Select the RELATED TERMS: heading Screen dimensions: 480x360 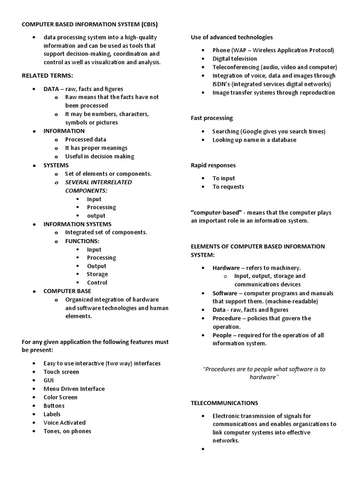point(48,75)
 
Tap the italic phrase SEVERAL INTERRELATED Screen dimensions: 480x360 point(98,182)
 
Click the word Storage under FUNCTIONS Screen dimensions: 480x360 point(97,274)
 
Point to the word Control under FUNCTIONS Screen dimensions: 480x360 point(97,283)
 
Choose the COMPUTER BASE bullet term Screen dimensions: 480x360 point(67,291)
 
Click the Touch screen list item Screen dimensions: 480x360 point(61,372)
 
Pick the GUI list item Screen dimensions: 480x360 point(49,380)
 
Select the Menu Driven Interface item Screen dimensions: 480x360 point(74,389)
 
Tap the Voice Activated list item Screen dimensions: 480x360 point(65,422)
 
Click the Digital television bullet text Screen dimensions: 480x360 point(235,59)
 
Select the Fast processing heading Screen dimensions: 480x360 point(212,118)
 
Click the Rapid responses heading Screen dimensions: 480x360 point(213,165)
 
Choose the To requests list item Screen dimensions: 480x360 point(228,187)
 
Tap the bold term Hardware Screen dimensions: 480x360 point(226,268)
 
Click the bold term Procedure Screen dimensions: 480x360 point(227,318)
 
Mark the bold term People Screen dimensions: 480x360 point(222,335)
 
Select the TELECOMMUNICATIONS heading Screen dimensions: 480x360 point(225,403)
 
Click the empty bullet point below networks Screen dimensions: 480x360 point(202,449)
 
